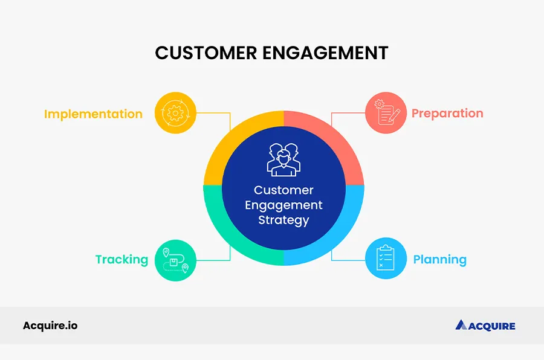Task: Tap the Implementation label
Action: coord(93,114)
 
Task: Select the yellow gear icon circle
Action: coord(175,113)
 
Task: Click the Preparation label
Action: coord(447,113)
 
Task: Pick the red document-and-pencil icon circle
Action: coord(386,113)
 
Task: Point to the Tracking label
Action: coord(121,260)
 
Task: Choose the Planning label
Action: coord(439,260)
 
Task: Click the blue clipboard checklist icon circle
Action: coord(386,259)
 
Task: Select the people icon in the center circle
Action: coord(283,159)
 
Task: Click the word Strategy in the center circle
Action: coord(283,220)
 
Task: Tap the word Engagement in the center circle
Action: coord(283,205)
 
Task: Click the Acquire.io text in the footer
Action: coord(50,326)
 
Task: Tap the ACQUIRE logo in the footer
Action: coord(485,326)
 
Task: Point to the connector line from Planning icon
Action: coord(348,260)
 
